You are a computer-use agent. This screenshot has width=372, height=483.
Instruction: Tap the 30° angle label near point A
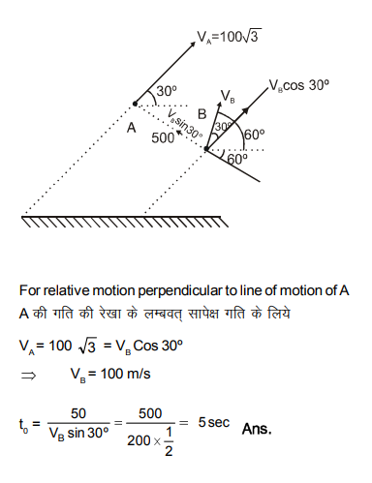pyautogui.click(x=168, y=92)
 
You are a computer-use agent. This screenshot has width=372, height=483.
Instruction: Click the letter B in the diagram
pyautogui.click(x=202, y=113)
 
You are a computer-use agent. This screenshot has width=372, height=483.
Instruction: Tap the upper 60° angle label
pyautogui.click(x=255, y=136)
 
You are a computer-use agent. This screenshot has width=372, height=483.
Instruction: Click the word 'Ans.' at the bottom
pyautogui.click(x=258, y=427)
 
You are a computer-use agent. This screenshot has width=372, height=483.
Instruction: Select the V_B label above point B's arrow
pyautogui.click(x=228, y=98)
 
